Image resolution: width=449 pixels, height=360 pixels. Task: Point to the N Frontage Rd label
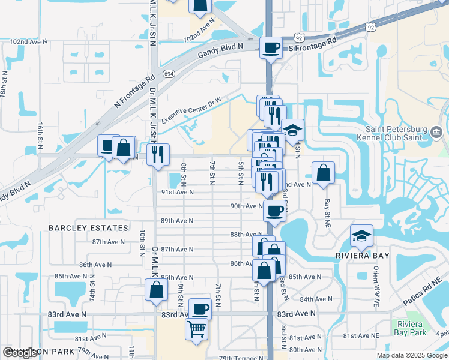coord(134,94)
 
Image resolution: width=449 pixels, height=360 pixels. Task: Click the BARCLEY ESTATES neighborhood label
coord(88,228)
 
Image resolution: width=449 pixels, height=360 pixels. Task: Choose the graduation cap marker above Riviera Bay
coord(361,236)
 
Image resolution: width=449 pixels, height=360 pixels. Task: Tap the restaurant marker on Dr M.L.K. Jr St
coord(158,154)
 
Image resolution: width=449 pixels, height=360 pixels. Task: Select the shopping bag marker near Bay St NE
coord(323,173)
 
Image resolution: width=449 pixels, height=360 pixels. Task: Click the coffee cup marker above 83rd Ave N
coord(200,309)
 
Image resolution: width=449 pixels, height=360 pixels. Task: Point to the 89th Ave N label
coord(177,220)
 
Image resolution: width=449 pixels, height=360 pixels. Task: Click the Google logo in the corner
coord(20,353)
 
